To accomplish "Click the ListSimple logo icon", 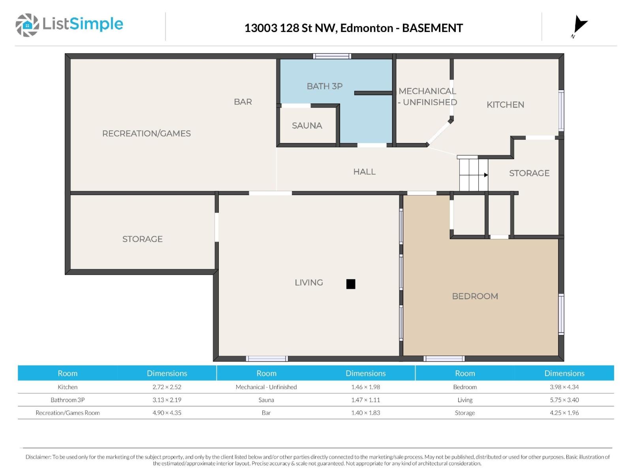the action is point(27,25).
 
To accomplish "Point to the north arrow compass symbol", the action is point(579,26).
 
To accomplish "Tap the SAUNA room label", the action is point(307,126).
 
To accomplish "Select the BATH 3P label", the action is point(325,86).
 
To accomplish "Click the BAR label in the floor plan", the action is point(243,102).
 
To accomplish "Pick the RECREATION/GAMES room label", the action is point(146,133).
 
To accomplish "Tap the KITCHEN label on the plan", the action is point(505,104).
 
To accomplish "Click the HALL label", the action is point(364,171).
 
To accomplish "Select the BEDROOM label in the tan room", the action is point(475,296).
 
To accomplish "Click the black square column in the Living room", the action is point(351,284).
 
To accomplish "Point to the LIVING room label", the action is point(308,282).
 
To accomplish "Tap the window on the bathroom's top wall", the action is point(332,56).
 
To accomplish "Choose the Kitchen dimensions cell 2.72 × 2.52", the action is point(167,387).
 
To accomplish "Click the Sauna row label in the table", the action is point(266,400).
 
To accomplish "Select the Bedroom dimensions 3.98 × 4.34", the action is point(564,387).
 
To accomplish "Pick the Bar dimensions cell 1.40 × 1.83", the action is point(365,413).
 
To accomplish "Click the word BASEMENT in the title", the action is point(432,28).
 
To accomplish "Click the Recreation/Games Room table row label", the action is point(68,413).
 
